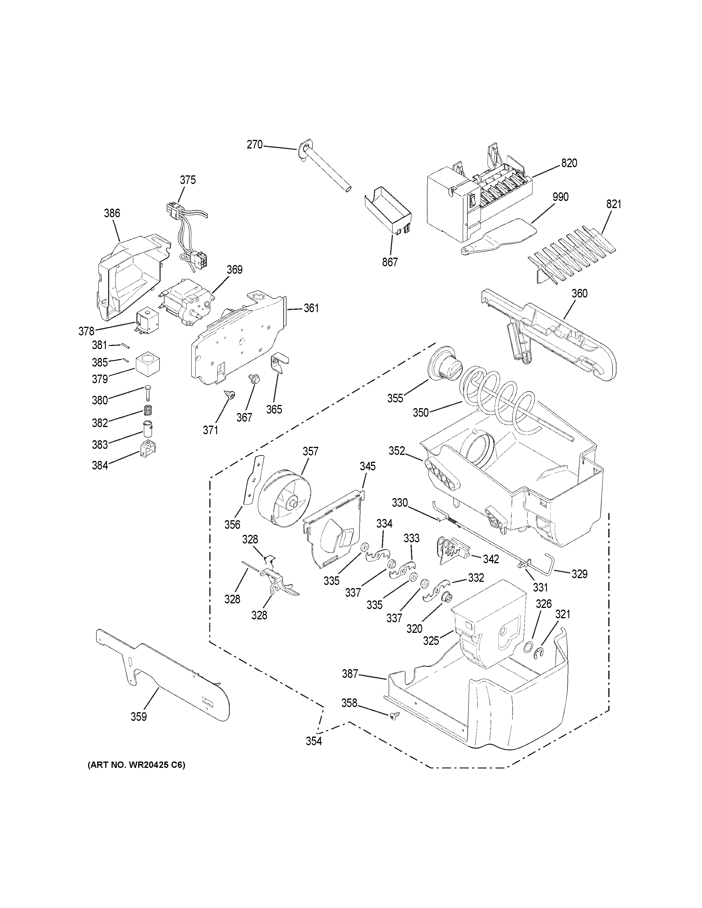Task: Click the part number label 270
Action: pyautogui.click(x=255, y=145)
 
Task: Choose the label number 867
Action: pyautogui.click(x=390, y=262)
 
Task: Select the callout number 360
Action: pyautogui.click(x=579, y=293)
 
